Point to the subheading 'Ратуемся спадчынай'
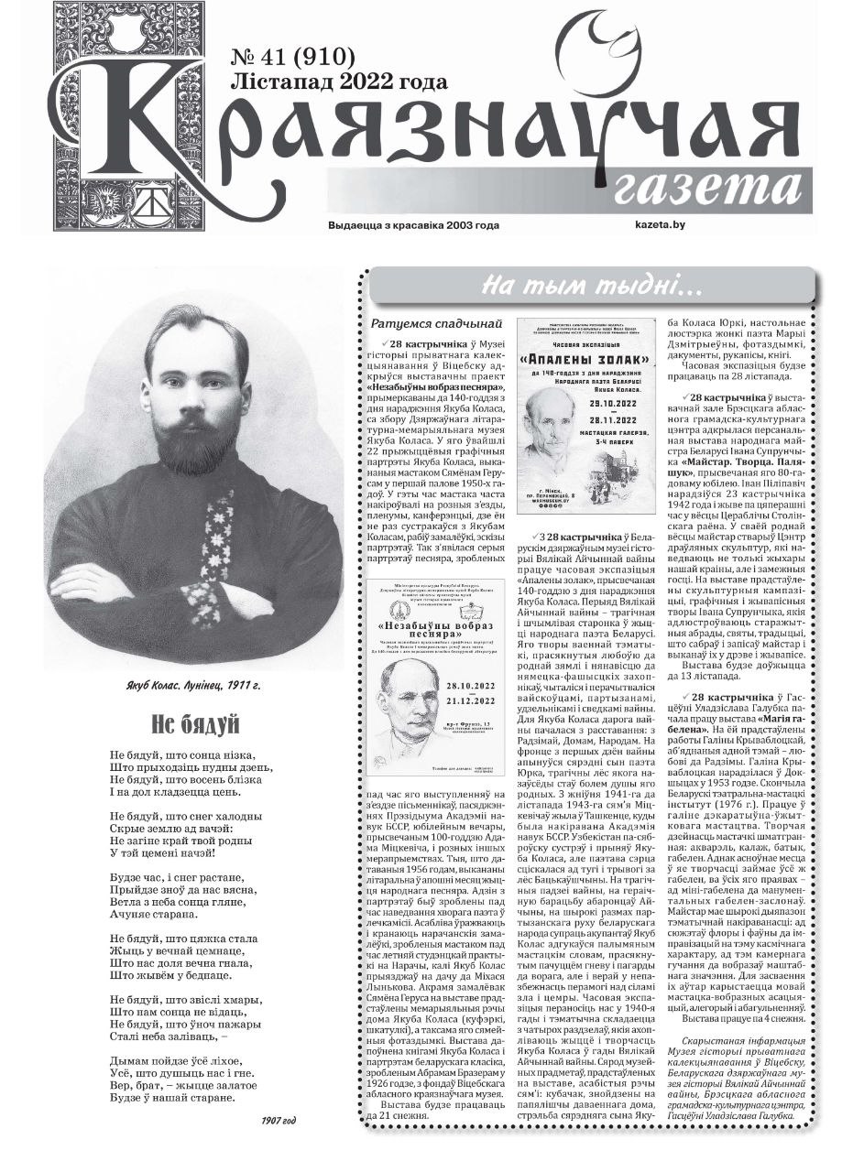[x=438, y=323]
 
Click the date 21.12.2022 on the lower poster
[x=471, y=701]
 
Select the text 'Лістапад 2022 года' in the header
[x=339, y=82]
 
